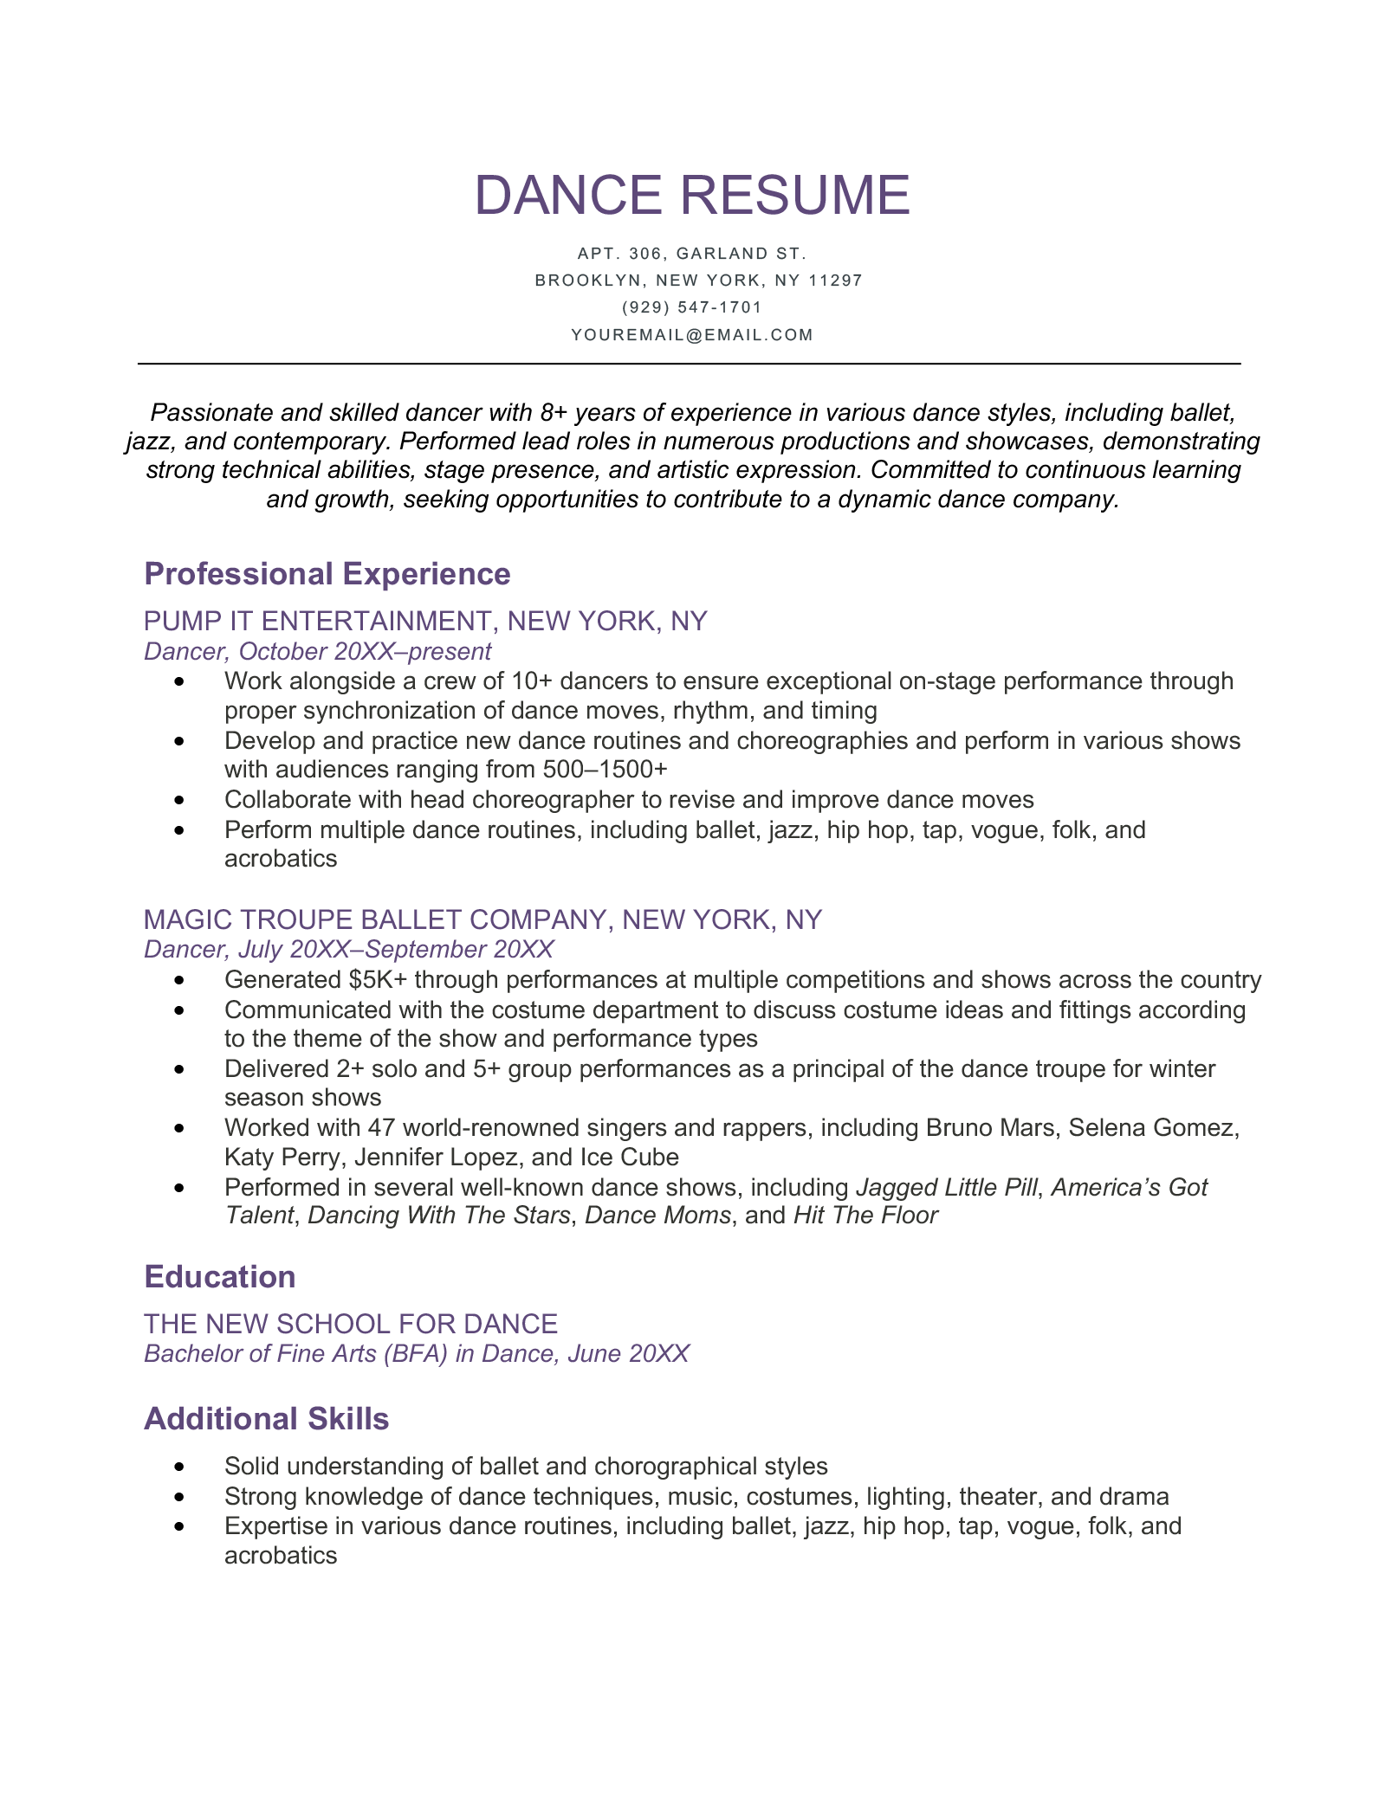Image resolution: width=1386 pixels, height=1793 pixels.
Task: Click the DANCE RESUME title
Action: click(692, 195)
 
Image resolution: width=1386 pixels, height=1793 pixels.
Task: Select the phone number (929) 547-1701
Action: click(692, 307)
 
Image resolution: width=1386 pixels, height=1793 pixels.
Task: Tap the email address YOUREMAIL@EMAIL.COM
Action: click(692, 335)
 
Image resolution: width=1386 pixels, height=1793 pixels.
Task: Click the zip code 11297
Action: click(835, 281)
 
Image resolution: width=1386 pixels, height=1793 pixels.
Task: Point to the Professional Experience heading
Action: click(327, 574)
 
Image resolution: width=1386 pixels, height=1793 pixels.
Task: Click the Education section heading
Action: click(220, 1277)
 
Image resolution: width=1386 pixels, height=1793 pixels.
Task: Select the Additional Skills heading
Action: click(267, 1419)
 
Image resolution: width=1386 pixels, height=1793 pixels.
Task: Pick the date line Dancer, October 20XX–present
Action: click(317, 651)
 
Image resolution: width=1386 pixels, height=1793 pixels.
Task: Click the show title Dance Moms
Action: click(657, 1216)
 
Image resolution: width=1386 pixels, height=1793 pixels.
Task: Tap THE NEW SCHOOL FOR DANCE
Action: click(351, 1324)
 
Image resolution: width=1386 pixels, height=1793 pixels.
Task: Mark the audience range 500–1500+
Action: click(606, 770)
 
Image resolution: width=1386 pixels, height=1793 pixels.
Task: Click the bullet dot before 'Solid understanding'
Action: click(179, 1467)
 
